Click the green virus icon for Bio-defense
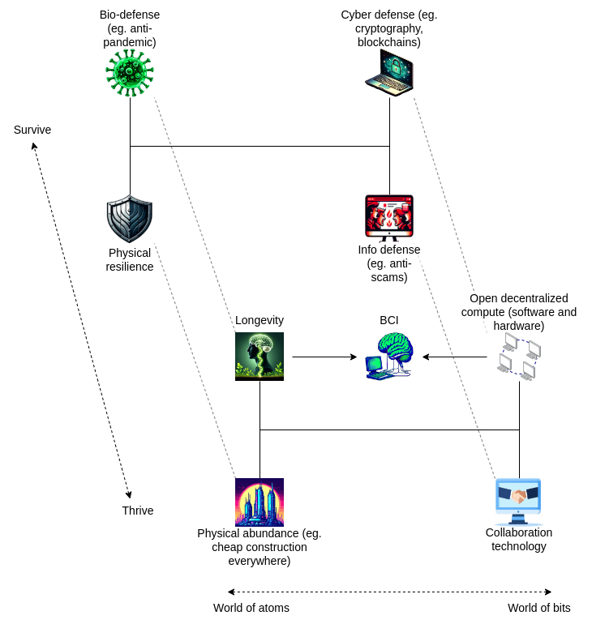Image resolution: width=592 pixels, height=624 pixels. click(130, 73)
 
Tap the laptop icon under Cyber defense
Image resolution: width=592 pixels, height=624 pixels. click(389, 73)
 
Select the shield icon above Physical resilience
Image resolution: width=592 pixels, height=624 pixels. click(130, 219)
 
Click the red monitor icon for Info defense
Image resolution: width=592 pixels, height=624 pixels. click(389, 218)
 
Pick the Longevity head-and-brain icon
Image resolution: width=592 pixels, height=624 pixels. click(260, 357)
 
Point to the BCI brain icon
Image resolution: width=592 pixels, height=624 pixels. click(389, 357)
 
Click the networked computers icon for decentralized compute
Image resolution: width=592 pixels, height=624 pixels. click(519, 357)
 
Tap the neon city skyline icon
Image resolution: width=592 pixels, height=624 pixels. click(260, 502)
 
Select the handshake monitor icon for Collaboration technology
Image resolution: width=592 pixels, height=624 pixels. click(519, 502)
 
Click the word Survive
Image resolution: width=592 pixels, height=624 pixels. click(32, 130)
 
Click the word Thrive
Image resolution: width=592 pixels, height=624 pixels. click(138, 511)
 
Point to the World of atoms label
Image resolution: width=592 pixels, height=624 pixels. click(251, 608)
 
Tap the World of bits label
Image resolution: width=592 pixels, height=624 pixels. click(539, 608)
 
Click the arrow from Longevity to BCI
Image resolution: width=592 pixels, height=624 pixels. click(324, 357)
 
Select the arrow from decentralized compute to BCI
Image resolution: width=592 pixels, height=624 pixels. click(454, 357)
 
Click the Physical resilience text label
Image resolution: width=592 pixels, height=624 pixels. click(130, 259)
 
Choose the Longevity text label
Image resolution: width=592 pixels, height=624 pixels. click(260, 320)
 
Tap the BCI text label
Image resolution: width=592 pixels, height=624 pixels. click(389, 320)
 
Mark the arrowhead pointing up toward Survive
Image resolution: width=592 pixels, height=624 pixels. click(34, 147)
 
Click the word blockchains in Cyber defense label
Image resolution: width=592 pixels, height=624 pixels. click(389, 42)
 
